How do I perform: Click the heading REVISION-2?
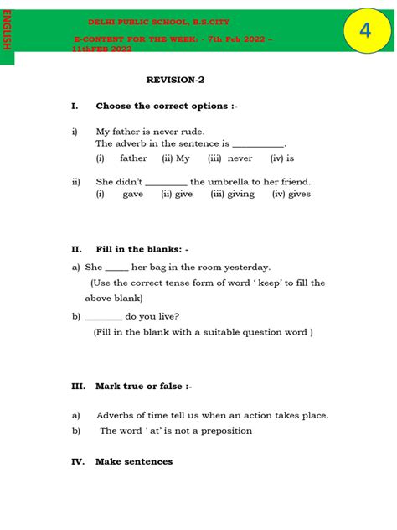(x=175, y=80)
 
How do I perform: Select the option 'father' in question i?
(x=133, y=158)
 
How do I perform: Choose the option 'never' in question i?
(x=240, y=158)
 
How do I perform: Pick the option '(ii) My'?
(x=176, y=158)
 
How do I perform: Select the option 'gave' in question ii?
(x=133, y=194)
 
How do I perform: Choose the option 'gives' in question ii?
(x=298, y=194)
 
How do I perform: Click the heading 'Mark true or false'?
(x=143, y=387)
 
